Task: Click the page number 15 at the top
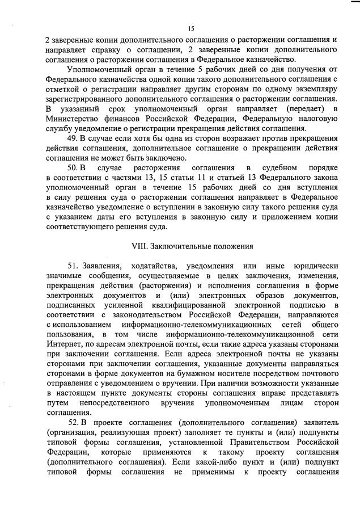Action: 191,28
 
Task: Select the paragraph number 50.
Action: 73,169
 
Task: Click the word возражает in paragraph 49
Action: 230,138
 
